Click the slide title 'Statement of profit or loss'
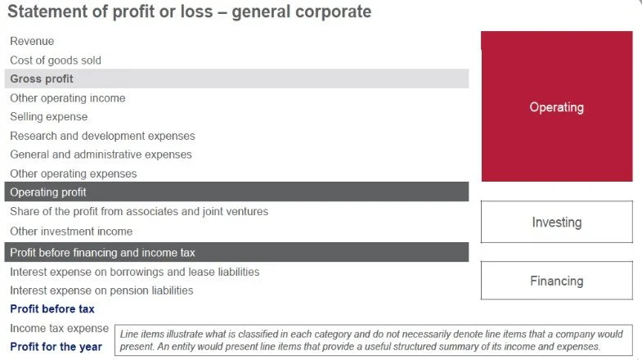click(x=189, y=12)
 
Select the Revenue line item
click(x=32, y=41)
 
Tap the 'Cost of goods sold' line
click(x=56, y=60)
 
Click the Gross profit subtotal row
click(x=42, y=79)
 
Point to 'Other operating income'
click(x=68, y=98)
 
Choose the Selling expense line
click(x=49, y=117)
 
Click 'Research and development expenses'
click(x=102, y=136)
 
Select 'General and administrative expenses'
click(x=101, y=155)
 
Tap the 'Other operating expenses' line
click(x=74, y=173)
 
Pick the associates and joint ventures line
click(x=139, y=212)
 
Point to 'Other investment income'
click(x=71, y=232)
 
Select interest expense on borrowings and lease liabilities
click(x=134, y=272)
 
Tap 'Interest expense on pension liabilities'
click(x=101, y=290)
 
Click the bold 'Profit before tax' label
click(x=52, y=309)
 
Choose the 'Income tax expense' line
click(x=59, y=328)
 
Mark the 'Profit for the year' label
click(x=56, y=347)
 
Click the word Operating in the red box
click(x=556, y=107)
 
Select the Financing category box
click(x=556, y=281)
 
